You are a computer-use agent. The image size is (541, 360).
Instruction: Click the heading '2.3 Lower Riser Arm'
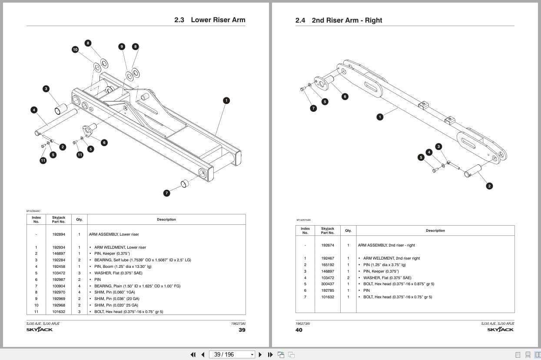click(209, 20)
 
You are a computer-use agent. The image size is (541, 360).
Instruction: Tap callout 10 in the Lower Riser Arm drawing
click(75, 50)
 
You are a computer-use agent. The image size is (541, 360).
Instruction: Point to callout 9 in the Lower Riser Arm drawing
click(122, 47)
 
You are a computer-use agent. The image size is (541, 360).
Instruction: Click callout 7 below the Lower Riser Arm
click(166, 193)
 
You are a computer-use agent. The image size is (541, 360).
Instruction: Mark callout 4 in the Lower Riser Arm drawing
click(34, 110)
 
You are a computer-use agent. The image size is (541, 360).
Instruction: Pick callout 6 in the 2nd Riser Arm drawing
click(345, 97)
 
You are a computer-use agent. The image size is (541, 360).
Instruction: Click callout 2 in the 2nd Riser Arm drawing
click(489, 186)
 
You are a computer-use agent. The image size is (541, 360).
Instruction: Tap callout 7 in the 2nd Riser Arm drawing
click(313, 108)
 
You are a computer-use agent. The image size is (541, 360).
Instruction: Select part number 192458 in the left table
click(59, 267)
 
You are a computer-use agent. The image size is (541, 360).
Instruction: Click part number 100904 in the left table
click(59, 286)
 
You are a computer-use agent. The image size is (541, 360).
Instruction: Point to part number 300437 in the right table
click(327, 284)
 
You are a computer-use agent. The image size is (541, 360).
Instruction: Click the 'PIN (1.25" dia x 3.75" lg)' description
click(384, 265)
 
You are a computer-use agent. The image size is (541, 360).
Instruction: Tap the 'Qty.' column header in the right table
click(348, 230)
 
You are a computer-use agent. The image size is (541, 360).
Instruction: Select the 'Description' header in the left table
click(166, 220)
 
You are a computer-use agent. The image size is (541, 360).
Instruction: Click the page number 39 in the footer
click(242, 330)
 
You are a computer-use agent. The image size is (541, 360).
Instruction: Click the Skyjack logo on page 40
click(500, 330)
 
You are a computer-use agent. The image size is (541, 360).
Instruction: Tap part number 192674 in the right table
click(327, 245)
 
